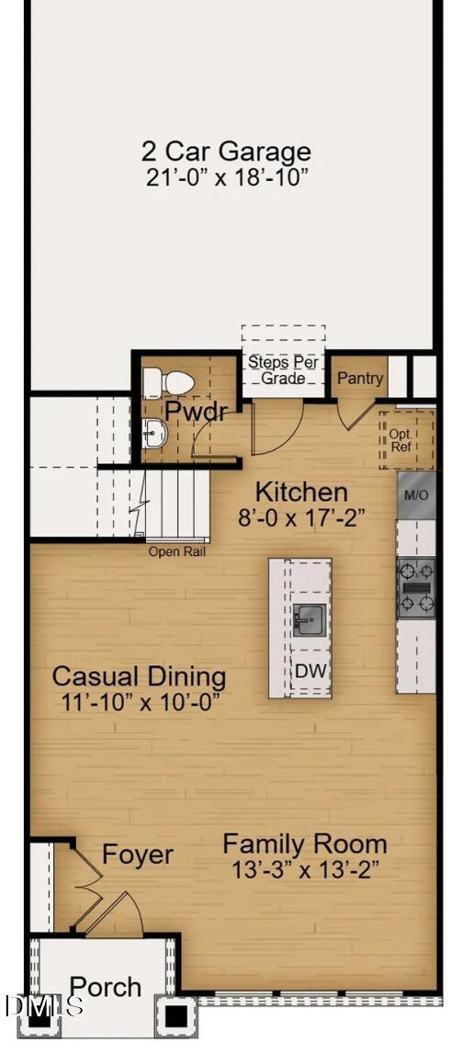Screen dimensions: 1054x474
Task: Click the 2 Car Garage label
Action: (x=226, y=152)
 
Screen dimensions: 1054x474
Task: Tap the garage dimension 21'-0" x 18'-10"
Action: (x=226, y=177)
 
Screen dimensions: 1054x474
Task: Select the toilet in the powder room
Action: (x=167, y=381)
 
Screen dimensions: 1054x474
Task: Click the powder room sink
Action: (x=154, y=432)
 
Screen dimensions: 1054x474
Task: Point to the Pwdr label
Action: (x=196, y=411)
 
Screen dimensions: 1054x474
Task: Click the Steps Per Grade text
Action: (x=283, y=370)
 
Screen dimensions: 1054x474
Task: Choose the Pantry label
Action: (x=360, y=379)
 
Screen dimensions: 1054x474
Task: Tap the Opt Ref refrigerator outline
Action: (x=401, y=440)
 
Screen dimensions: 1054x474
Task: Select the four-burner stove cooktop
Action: (x=415, y=587)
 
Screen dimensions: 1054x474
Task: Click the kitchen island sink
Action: (x=309, y=621)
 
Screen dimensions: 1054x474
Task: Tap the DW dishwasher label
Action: (x=310, y=671)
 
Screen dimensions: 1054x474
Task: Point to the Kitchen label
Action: (x=301, y=492)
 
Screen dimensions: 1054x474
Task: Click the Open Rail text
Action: (x=177, y=552)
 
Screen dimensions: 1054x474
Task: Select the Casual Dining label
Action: (x=139, y=677)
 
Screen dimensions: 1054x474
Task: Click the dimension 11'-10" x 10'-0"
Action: (x=139, y=703)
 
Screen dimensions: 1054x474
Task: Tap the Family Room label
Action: (x=305, y=844)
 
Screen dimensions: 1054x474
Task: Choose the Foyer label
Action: (x=137, y=855)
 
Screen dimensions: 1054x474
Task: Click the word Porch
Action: (x=106, y=987)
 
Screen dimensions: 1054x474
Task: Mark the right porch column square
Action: (x=175, y=1015)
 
